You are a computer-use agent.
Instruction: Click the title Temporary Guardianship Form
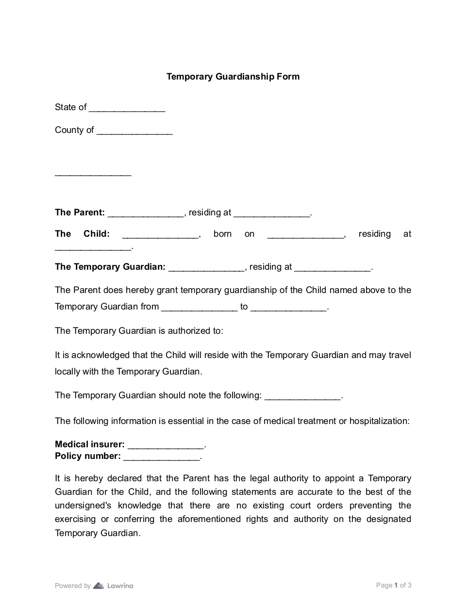pyautogui.click(x=233, y=77)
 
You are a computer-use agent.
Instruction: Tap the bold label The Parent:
pyautogui.click(x=80, y=212)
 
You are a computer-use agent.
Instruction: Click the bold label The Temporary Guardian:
pyautogui.click(x=110, y=267)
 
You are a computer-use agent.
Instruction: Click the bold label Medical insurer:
pyautogui.click(x=90, y=444)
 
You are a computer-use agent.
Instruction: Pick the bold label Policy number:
pyautogui.click(x=88, y=456)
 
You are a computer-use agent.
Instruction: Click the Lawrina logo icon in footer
pyautogui.click(x=99, y=586)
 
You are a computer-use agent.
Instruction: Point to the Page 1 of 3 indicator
pyautogui.click(x=394, y=585)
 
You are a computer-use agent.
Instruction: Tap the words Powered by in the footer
pyautogui.click(x=73, y=586)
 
